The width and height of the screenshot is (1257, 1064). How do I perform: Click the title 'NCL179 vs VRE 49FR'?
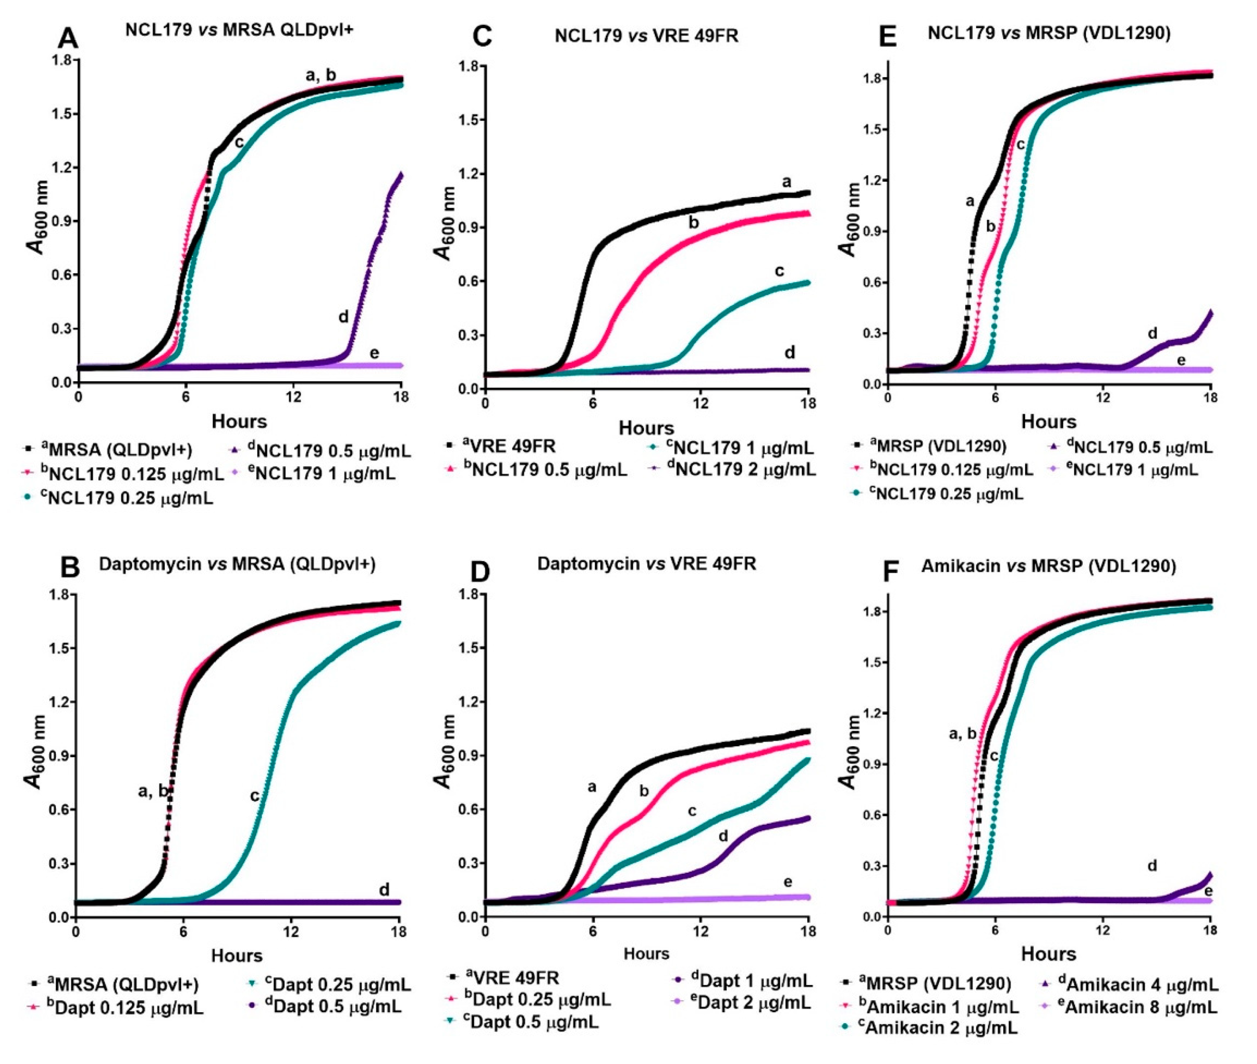(646, 36)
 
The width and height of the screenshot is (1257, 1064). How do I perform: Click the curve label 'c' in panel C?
(779, 271)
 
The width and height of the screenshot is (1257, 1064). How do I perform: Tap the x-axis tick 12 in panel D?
(700, 932)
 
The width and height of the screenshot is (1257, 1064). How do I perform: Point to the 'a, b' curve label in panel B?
(153, 791)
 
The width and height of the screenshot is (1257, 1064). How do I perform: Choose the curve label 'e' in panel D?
(787, 882)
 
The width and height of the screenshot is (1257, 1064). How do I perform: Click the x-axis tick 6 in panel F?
(994, 932)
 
